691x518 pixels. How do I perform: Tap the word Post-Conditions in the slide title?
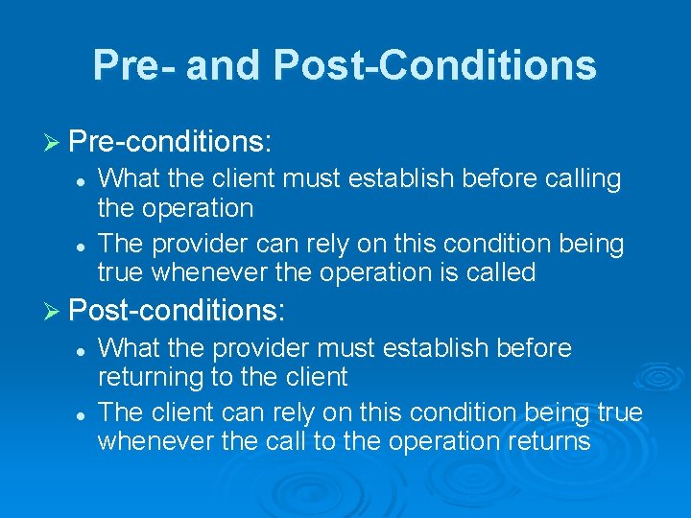(x=435, y=65)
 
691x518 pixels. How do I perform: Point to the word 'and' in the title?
(x=225, y=65)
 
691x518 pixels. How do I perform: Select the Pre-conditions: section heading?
(x=171, y=142)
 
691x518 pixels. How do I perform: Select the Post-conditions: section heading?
(x=178, y=310)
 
